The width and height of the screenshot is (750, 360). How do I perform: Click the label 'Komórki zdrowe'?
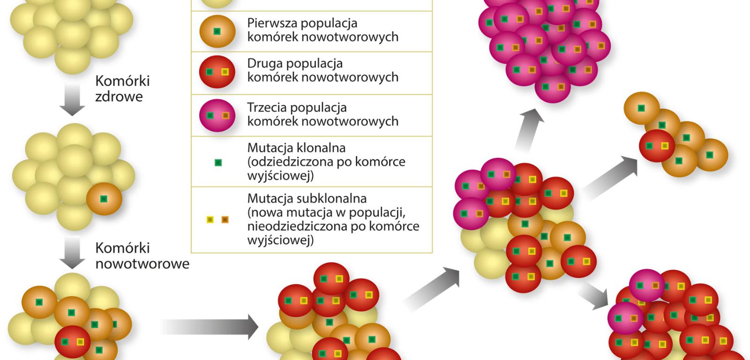click(122, 89)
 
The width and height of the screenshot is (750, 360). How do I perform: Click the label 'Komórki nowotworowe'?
click(142, 255)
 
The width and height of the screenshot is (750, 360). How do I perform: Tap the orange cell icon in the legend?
click(217, 31)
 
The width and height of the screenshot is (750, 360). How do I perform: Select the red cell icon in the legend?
click(217, 72)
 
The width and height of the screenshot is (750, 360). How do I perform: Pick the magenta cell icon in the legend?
click(217, 115)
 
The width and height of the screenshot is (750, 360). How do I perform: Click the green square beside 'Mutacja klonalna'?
click(217, 163)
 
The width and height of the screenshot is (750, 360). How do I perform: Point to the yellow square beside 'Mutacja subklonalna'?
click(210, 219)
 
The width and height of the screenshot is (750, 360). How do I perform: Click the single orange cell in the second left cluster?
click(104, 199)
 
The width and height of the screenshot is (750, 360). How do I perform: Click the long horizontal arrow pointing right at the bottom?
click(209, 326)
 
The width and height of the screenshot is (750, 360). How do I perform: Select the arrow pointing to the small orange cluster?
click(609, 177)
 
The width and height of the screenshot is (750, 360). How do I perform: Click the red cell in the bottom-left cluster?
click(73, 342)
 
